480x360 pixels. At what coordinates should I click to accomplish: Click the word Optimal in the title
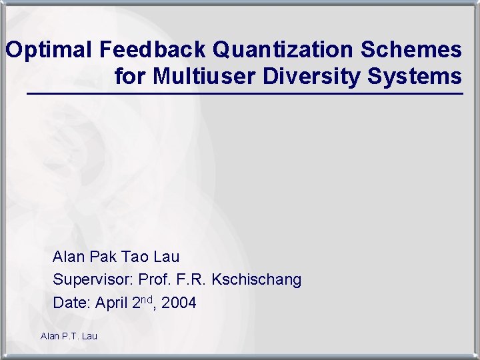coord(49,50)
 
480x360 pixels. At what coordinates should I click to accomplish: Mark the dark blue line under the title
coord(244,95)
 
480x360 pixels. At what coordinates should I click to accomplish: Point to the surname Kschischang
coord(257,280)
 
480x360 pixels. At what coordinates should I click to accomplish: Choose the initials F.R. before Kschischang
coord(192,280)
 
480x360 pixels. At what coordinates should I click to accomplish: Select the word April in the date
coord(112,304)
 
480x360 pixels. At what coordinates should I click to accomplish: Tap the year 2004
coord(179,303)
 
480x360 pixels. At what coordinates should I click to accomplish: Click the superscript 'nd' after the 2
coord(147,299)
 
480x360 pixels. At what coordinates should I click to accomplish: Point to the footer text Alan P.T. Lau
coord(69,336)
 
